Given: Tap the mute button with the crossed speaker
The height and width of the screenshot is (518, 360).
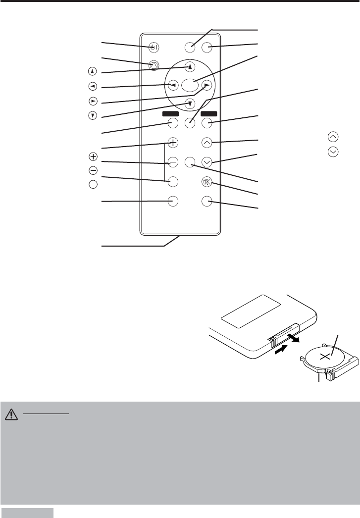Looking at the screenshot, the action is click(207, 182).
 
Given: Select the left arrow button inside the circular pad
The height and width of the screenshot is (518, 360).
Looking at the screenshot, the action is click(173, 85).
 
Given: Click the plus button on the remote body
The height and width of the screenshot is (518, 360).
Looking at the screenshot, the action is click(173, 143).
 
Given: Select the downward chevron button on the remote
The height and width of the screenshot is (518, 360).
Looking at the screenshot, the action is click(207, 161).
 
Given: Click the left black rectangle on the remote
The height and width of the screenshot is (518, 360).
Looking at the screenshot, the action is click(171, 113).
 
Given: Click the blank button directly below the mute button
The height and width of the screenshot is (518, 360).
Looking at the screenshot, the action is click(207, 201).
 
